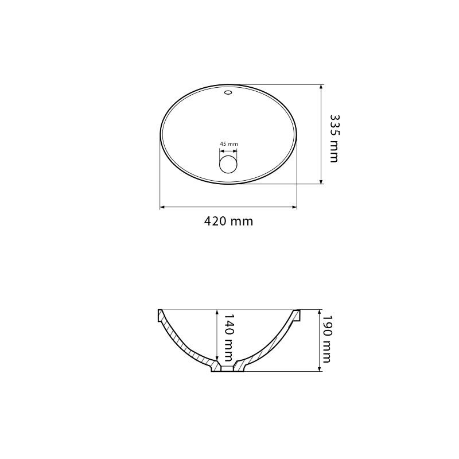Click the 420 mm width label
(x=228, y=221)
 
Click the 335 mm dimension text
(x=334, y=138)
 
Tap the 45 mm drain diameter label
(x=229, y=144)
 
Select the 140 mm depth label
(x=228, y=338)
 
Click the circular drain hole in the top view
(x=228, y=164)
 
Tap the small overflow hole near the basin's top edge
(x=228, y=93)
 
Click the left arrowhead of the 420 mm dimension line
(x=162, y=207)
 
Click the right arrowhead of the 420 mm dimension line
(x=294, y=207)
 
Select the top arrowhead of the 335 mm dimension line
(x=321, y=87)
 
